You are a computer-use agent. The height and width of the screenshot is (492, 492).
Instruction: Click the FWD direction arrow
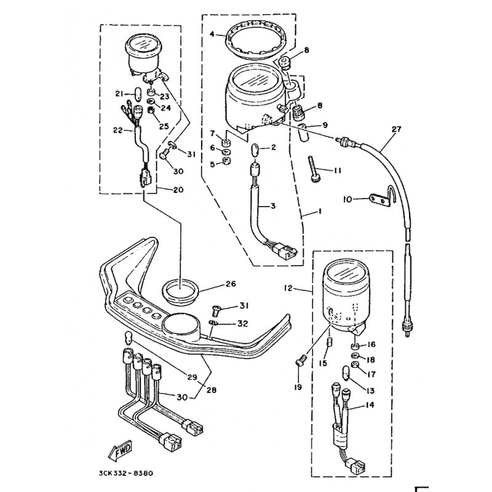(x=119, y=451)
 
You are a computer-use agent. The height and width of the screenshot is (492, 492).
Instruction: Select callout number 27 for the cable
(x=396, y=129)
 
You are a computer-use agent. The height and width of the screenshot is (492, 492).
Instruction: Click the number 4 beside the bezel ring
(x=212, y=34)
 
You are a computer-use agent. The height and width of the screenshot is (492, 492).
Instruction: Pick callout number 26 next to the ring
(x=231, y=284)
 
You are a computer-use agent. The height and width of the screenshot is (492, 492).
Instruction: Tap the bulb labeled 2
(x=255, y=148)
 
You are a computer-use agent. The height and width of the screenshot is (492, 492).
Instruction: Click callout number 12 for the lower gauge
(x=288, y=287)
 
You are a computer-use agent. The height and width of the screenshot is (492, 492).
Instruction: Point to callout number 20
(x=178, y=189)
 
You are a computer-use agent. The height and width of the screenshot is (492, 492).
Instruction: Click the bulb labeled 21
(x=137, y=93)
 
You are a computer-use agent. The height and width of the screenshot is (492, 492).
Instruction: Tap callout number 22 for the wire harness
(x=117, y=129)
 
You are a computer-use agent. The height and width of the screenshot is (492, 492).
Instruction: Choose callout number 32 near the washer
(x=242, y=323)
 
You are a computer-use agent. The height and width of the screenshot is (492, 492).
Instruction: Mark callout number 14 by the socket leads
(x=370, y=405)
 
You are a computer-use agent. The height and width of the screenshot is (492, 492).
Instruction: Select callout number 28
(x=211, y=390)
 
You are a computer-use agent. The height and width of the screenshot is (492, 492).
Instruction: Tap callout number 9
(x=325, y=125)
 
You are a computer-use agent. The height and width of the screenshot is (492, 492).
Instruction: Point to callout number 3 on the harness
(x=272, y=206)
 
